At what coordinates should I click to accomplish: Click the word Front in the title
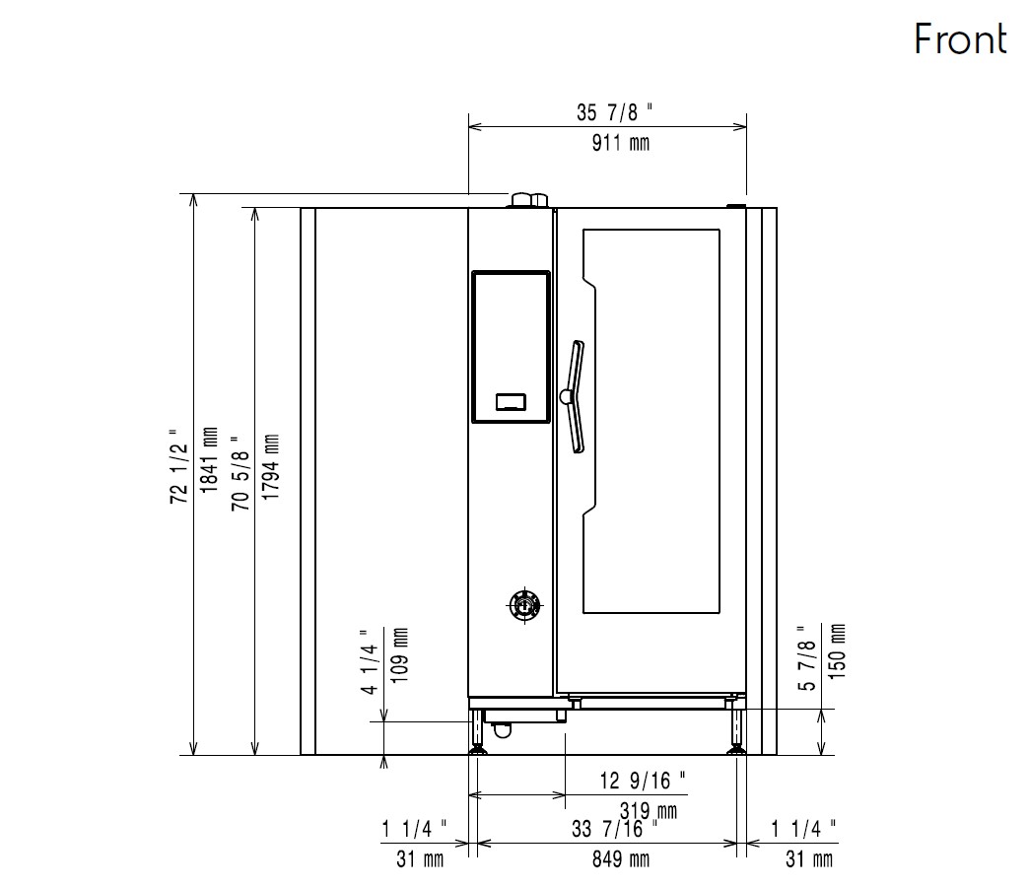(960, 39)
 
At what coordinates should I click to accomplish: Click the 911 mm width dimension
(621, 143)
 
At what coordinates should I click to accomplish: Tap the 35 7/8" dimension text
(615, 112)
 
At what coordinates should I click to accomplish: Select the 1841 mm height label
(209, 460)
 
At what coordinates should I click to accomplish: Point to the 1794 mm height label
(270, 467)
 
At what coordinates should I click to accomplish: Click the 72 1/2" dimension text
(178, 467)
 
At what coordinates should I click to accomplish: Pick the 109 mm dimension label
(399, 655)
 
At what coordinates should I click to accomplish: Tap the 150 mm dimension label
(838, 651)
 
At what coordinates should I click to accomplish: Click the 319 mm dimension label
(649, 811)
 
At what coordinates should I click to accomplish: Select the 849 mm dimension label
(621, 858)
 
